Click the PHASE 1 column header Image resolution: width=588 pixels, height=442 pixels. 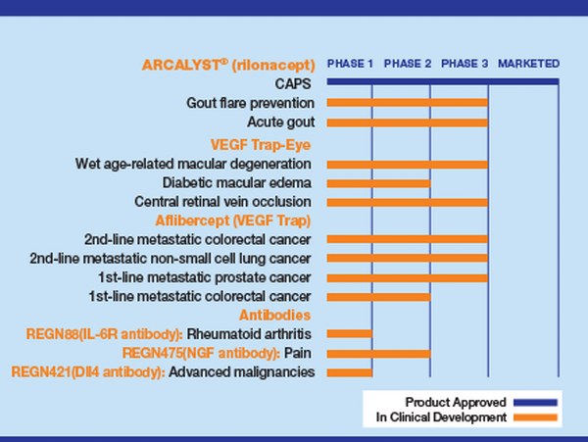350,64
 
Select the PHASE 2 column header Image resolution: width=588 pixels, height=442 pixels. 408,64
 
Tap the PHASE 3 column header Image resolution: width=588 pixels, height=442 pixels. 465,64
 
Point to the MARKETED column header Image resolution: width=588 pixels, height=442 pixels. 529,64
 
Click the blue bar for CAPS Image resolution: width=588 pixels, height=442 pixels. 442,82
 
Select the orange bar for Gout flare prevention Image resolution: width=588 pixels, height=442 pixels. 407,103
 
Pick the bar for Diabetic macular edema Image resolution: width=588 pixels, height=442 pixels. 378,182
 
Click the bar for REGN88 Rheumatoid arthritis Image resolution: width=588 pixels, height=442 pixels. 349,333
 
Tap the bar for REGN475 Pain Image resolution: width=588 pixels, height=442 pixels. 378,353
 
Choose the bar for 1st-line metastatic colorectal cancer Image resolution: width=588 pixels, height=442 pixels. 378,296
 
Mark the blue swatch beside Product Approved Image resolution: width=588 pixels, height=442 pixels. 534,402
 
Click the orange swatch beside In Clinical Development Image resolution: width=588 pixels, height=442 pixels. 534,417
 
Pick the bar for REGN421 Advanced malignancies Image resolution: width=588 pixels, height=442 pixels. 349,371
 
